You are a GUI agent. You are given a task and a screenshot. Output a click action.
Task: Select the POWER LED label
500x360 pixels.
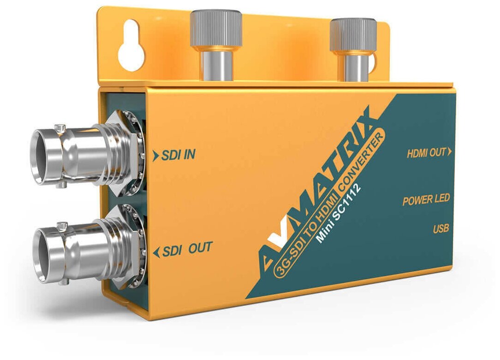click(x=426, y=201)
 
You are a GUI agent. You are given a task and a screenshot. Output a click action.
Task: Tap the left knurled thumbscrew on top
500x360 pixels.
click(x=216, y=30)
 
